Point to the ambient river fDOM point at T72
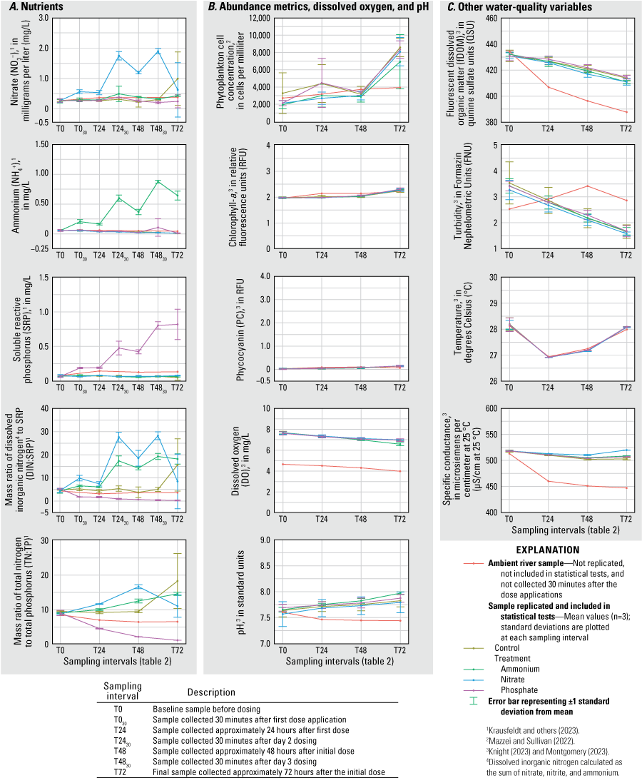click(x=626, y=112)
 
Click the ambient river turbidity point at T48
click(x=586, y=186)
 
